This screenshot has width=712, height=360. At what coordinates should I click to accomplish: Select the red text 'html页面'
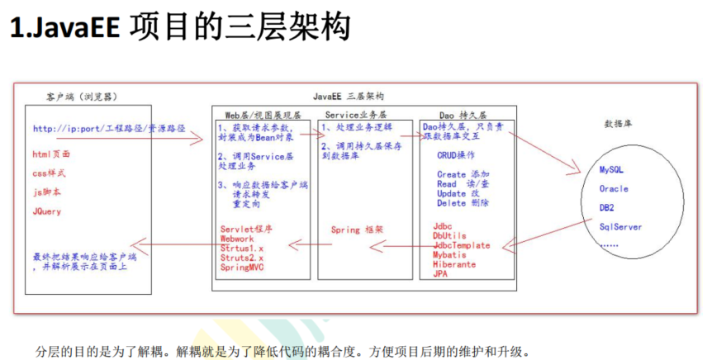51,154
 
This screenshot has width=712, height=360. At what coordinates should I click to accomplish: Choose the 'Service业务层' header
356,114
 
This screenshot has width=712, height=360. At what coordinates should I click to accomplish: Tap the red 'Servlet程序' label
246,228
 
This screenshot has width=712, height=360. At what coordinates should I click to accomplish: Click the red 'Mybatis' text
451,255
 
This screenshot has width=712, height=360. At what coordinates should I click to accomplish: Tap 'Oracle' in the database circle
614,188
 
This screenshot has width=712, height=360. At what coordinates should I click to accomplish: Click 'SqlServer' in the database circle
621,226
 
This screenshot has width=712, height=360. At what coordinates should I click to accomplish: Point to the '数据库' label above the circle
619,124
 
